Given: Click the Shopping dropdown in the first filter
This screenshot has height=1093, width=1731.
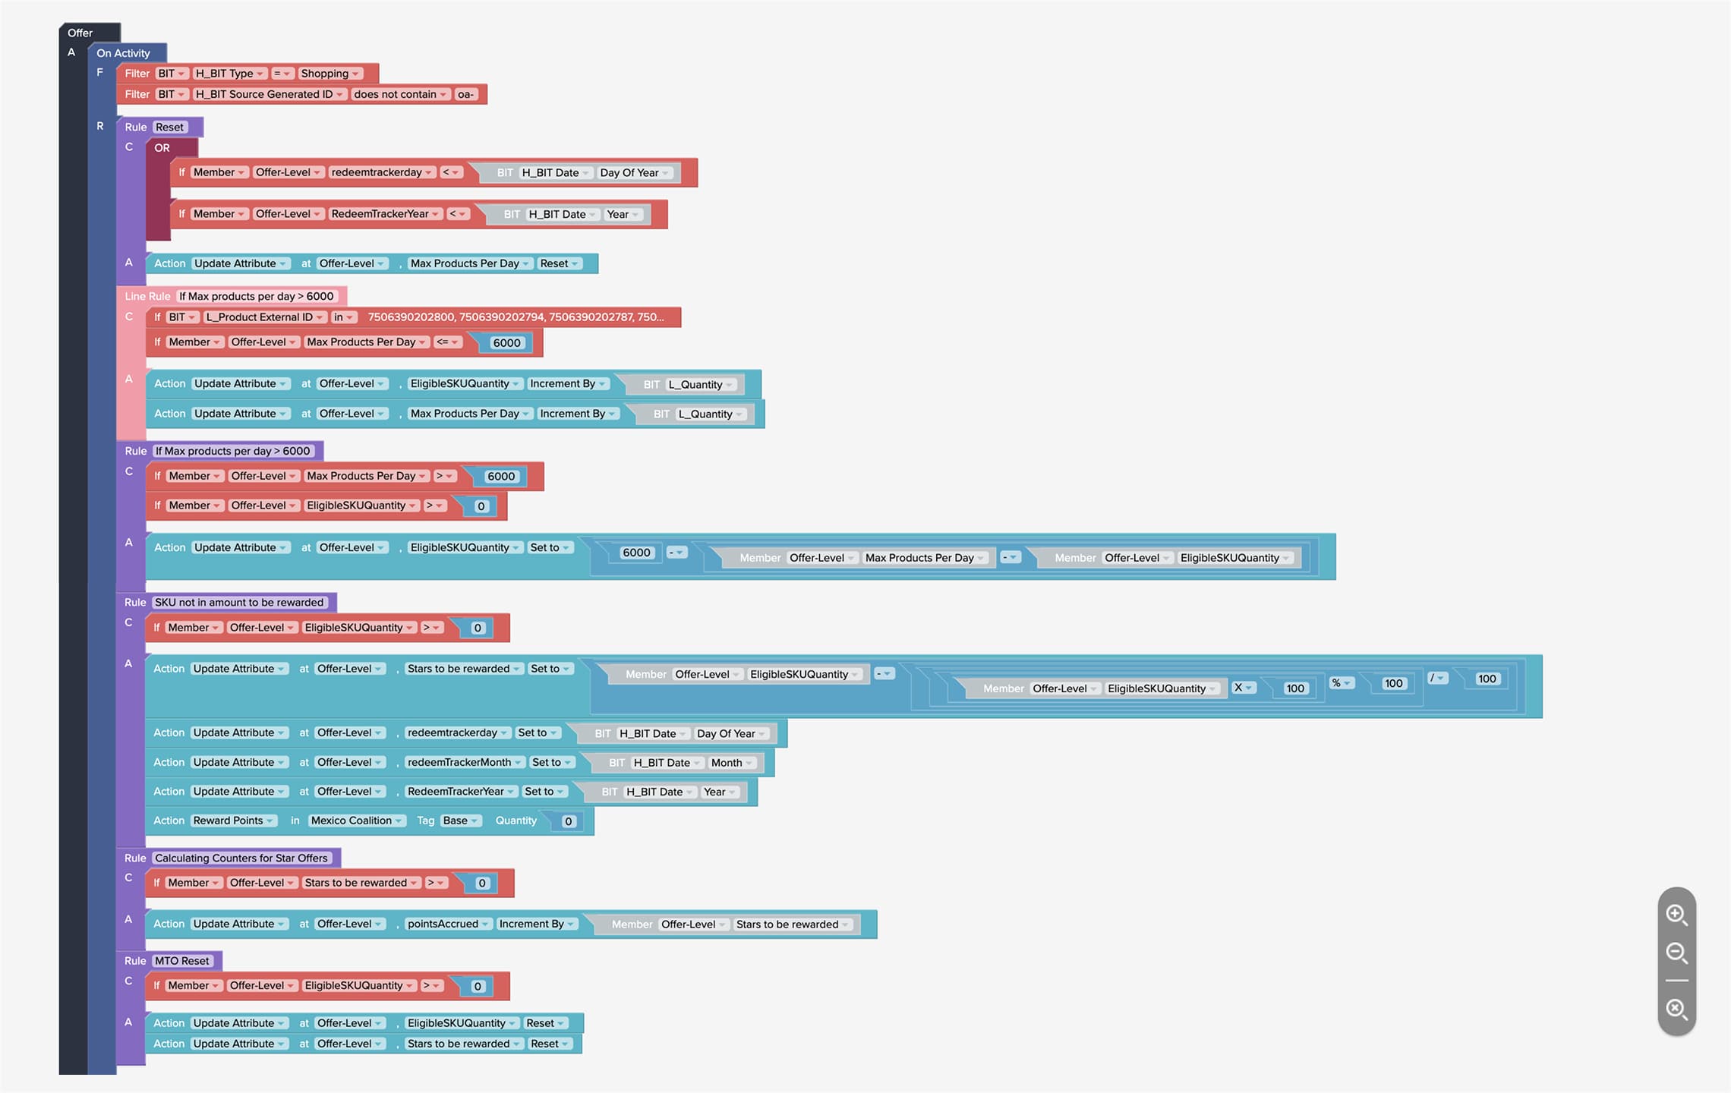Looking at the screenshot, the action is pos(329,74).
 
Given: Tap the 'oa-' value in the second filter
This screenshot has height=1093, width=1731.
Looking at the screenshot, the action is pos(465,94).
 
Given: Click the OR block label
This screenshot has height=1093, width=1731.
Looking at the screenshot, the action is pos(162,148).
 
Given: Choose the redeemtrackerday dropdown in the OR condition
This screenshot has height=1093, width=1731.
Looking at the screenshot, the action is pos(382,172).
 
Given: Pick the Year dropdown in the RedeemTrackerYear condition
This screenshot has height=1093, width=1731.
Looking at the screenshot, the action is pos(623,214).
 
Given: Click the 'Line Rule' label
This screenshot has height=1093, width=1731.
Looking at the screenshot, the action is pos(147,296).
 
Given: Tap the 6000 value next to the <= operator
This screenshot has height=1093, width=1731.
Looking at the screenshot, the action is pos(506,343).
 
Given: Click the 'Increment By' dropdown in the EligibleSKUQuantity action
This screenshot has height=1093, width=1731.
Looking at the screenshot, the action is pos(568,384).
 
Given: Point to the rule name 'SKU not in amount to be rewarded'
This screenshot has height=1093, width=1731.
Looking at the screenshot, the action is pos(239,603).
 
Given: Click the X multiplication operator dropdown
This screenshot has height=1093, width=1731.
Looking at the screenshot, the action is pos(1243,688).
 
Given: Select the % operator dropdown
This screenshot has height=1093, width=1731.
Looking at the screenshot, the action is pos(1342,683).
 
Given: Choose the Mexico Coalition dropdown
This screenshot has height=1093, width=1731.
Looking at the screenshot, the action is pos(357,821).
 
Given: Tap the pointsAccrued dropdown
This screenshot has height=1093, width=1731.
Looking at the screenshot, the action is pos(448,924).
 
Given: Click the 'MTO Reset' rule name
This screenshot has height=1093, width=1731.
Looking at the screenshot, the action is pos(182,961).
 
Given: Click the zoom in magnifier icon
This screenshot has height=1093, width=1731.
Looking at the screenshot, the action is pos(1676,915).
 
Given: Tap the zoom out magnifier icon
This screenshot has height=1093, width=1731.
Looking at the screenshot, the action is pos(1676,953).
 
